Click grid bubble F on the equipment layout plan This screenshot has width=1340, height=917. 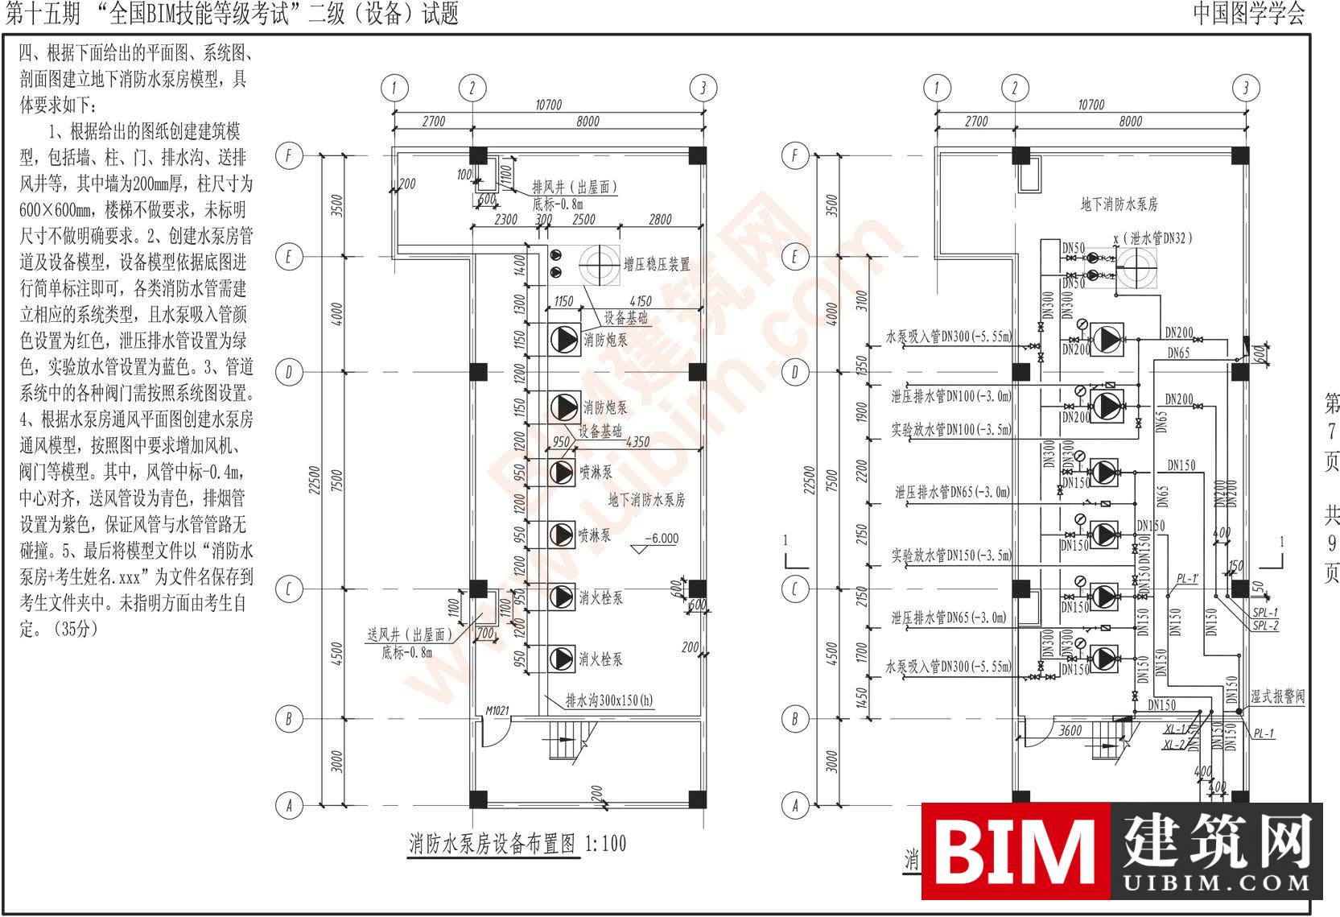(289, 155)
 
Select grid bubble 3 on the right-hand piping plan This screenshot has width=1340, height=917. (1246, 88)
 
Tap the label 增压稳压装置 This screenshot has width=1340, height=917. (657, 264)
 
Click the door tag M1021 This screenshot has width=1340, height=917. (497, 712)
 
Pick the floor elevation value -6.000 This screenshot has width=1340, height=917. (662, 539)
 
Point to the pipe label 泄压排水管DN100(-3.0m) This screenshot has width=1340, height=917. (950, 396)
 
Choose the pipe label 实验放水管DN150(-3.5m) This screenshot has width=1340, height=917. (950, 555)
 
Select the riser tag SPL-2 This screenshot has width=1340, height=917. (1265, 626)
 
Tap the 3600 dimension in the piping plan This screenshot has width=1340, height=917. (1070, 730)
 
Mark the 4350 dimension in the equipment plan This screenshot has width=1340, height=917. (637, 442)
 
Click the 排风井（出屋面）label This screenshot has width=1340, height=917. (575, 188)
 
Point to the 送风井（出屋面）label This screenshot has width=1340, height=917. (410, 635)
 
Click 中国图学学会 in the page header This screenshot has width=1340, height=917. (1248, 14)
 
